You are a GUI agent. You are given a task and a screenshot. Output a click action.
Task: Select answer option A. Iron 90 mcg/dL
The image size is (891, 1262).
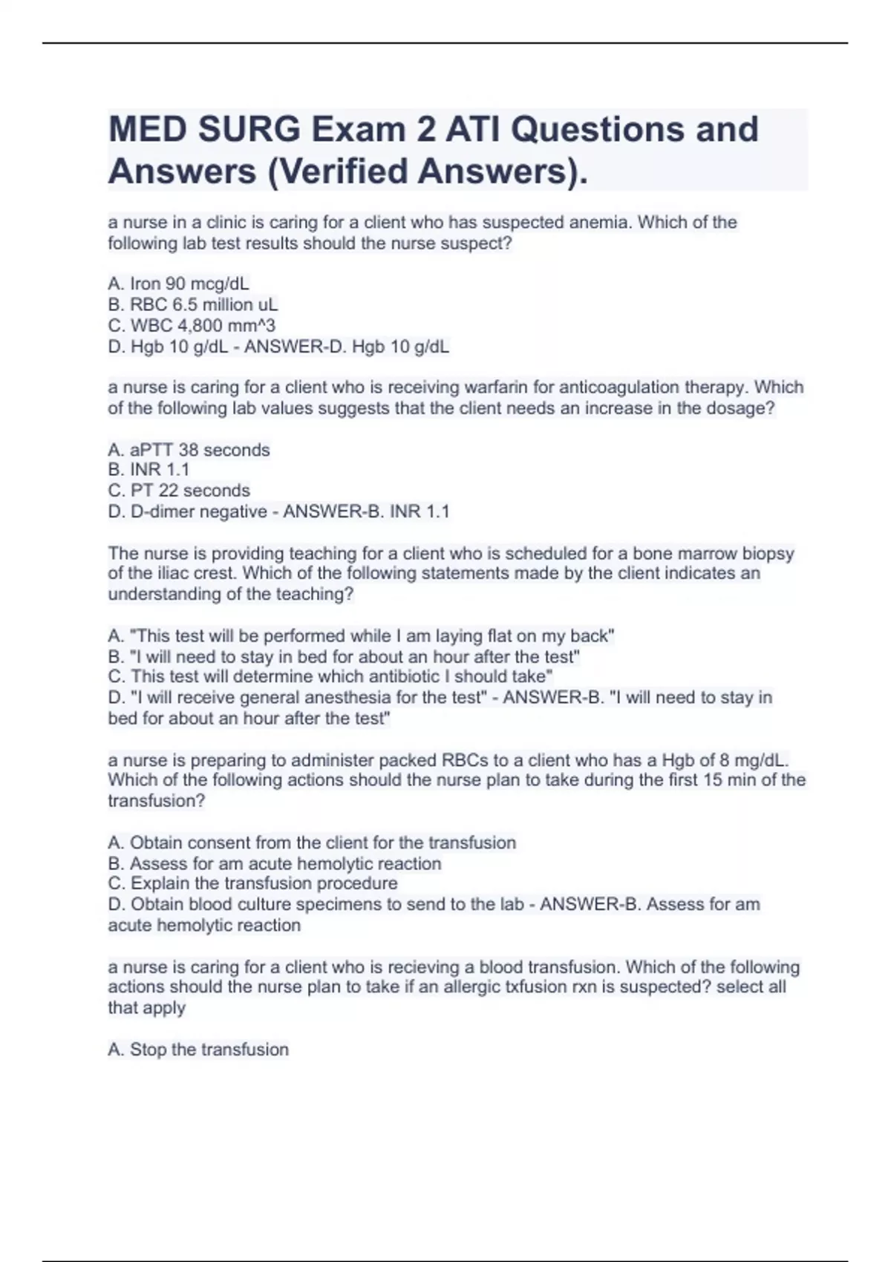pos(178,284)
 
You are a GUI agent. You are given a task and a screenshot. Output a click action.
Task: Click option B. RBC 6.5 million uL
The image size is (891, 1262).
pos(193,304)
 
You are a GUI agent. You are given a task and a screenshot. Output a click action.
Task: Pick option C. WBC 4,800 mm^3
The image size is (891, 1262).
pos(192,325)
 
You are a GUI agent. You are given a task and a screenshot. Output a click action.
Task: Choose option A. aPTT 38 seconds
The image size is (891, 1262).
pos(189,450)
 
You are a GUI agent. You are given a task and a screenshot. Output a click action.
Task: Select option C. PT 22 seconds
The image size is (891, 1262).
pos(179,491)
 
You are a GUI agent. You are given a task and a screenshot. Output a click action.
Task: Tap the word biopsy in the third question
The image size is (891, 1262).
pos(768,553)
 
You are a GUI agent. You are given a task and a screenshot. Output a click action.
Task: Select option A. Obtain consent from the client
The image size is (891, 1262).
pos(312,843)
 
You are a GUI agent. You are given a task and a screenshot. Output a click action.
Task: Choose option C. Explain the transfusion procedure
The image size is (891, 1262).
pos(252,883)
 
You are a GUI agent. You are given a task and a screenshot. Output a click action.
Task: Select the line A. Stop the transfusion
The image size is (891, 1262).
pos(198,1050)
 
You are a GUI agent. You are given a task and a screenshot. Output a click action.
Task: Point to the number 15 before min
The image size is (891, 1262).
pos(714,780)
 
